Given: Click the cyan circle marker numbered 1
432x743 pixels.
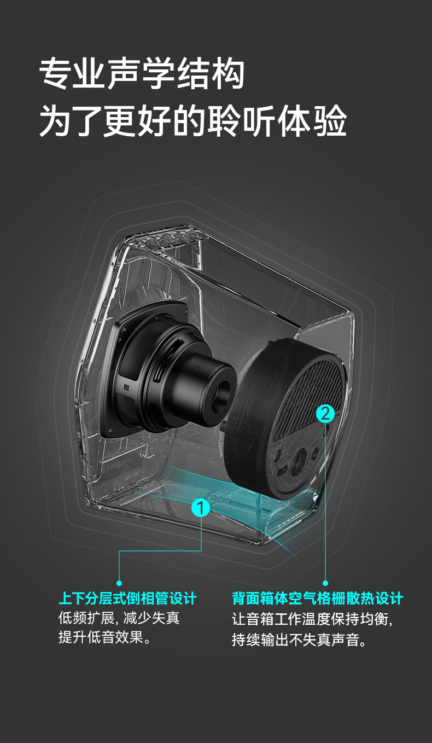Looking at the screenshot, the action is pos(201,508).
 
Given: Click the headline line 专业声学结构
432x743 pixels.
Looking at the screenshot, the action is pos(142,74).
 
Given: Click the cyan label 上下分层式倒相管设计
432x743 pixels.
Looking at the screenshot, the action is pos(127,599).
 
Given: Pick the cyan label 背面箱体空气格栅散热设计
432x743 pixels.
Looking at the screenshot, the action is pos(317,599).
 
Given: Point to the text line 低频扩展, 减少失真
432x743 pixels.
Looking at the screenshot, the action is pos(119,618).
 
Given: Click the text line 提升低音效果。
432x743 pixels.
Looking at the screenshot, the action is pos(105,637).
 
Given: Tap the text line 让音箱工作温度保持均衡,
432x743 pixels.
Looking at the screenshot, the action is pos(312,619).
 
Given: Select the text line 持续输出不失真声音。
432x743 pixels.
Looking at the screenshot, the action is pos(299,640).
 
